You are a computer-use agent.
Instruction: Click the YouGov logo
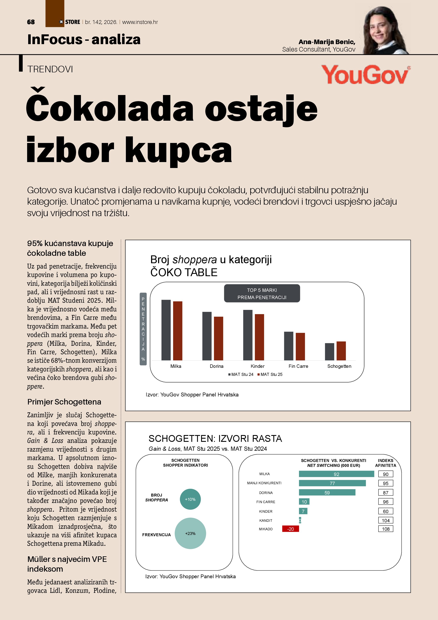click(x=366, y=74)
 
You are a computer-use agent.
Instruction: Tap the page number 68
click(x=31, y=22)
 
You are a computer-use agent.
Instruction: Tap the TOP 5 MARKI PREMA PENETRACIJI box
click(x=262, y=294)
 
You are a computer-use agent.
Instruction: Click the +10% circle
click(x=190, y=499)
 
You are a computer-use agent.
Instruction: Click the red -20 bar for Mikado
click(x=291, y=529)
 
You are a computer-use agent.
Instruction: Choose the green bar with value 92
click(x=336, y=474)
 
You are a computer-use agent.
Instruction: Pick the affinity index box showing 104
click(x=385, y=520)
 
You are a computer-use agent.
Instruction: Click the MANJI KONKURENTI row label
click(x=264, y=483)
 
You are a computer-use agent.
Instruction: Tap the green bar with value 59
click(x=327, y=493)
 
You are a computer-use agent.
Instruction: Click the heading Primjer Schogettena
click(x=64, y=402)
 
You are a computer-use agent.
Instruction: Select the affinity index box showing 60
click(x=385, y=511)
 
